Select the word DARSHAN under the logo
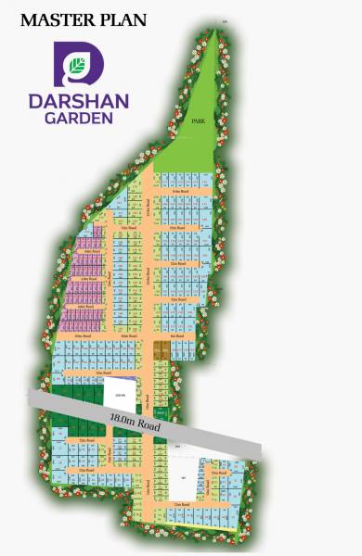[78, 100]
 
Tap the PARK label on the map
[196, 121]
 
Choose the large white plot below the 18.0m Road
[185, 478]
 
